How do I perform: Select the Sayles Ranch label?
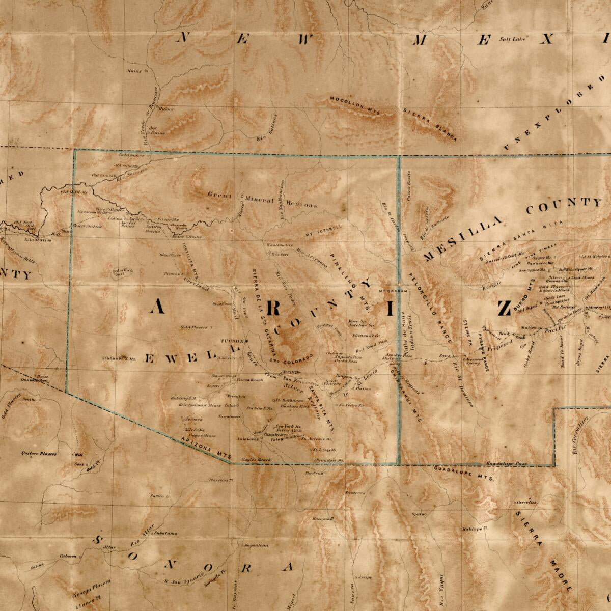tap(256, 459)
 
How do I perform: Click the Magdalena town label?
tap(256, 545)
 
